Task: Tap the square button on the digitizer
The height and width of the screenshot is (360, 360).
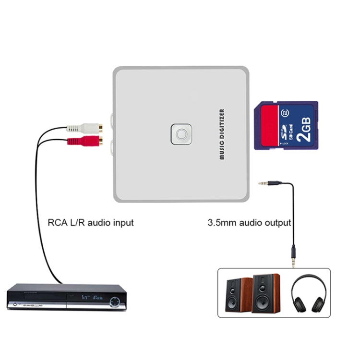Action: [x=181, y=134]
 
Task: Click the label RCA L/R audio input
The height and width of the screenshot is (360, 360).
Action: [x=91, y=223]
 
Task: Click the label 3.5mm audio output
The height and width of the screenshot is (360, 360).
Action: [x=249, y=223]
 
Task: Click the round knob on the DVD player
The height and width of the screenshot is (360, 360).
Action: [x=116, y=302]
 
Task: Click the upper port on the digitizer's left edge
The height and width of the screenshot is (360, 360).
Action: [x=111, y=117]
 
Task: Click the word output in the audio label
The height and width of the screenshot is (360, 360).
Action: [x=278, y=223]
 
